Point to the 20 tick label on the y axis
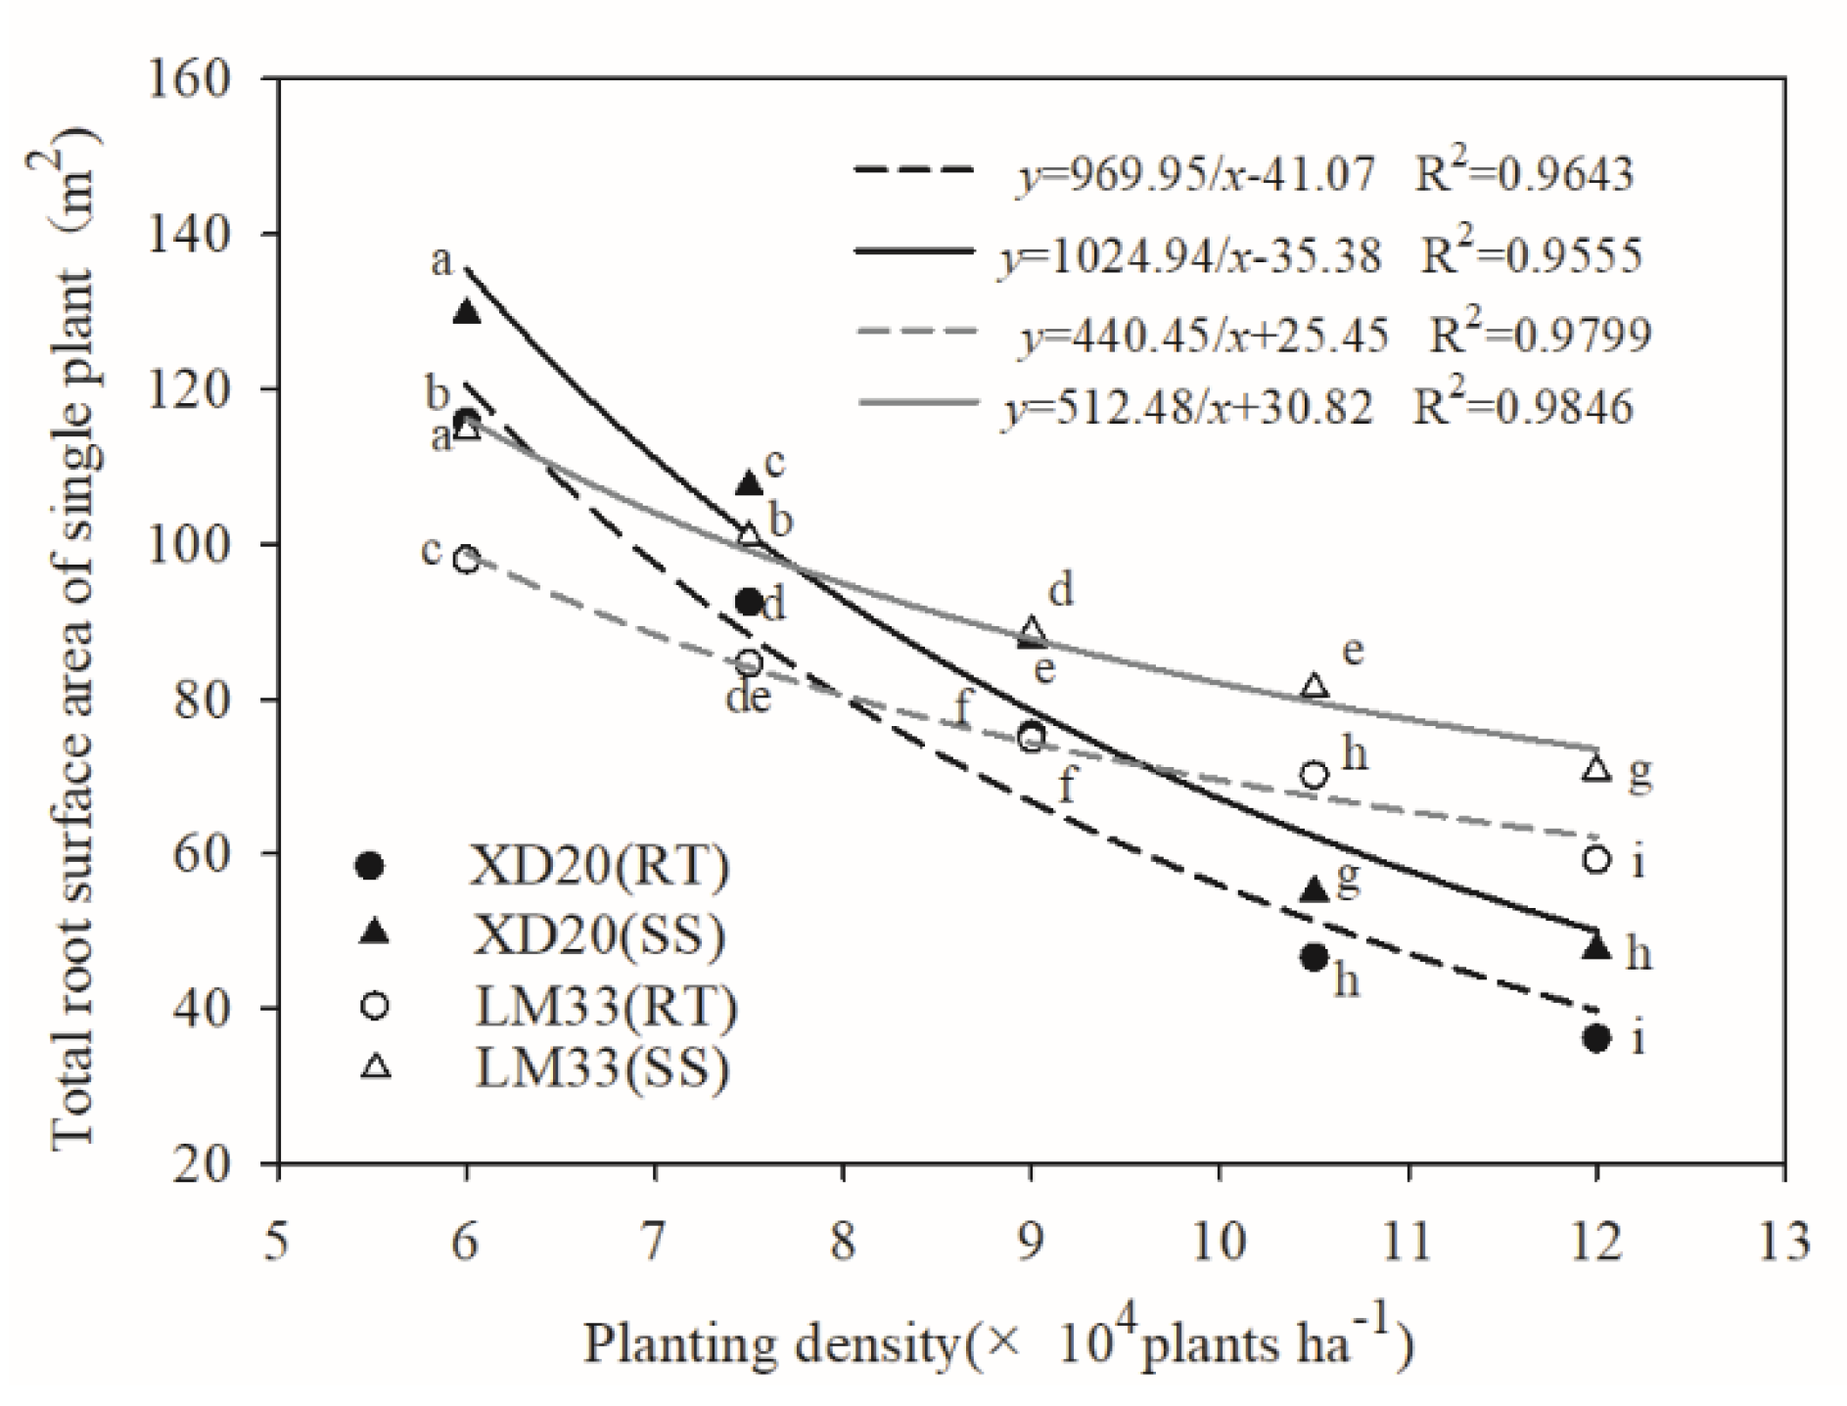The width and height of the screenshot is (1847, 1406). tap(205, 1163)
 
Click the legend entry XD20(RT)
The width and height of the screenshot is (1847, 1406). tap(600, 867)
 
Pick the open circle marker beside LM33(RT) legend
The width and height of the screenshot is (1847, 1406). tap(374, 1006)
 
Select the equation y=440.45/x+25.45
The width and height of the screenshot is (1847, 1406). tap(1205, 336)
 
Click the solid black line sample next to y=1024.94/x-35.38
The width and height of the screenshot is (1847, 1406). tap(914, 252)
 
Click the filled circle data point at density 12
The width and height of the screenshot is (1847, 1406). tap(1595, 1038)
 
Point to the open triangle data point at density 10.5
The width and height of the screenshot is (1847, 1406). tap(1315, 686)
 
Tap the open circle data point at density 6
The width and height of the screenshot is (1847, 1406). tap(467, 560)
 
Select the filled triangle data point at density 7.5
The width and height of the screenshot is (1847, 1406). tap(749, 483)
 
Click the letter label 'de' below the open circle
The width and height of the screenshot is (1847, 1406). tap(749, 698)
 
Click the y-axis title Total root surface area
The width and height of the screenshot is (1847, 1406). tap(73, 636)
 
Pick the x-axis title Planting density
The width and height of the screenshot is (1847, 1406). tap(998, 1344)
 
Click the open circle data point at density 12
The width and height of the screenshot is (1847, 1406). tap(1595, 859)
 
